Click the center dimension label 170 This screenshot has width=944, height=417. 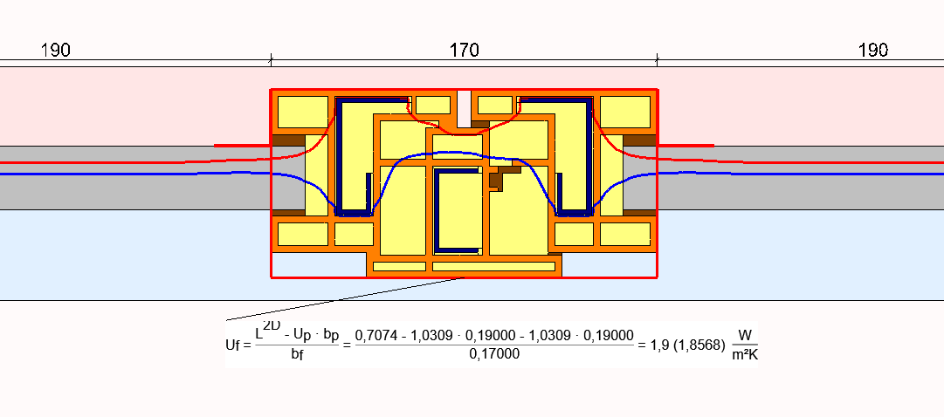tap(465, 51)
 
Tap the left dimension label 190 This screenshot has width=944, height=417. tap(55, 51)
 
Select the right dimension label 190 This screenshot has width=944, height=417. tap(873, 51)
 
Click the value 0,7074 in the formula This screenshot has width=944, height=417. tap(377, 336)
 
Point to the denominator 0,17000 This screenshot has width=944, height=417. tap(493, 354)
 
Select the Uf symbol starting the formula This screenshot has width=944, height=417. tap(233, 345)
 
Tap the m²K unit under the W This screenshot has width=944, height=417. tap(745, 355)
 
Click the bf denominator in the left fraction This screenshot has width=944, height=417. tap(297, 354)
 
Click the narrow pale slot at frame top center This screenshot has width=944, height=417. tap(464, 109)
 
